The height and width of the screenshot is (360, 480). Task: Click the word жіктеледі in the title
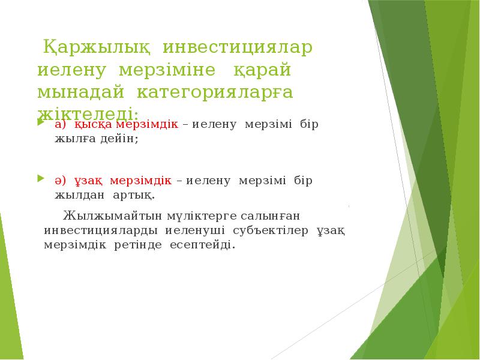88,113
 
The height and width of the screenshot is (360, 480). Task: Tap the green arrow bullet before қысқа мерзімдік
40,124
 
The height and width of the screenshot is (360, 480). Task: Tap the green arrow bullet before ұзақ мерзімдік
40,179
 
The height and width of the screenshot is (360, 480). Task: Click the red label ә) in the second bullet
61,181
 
